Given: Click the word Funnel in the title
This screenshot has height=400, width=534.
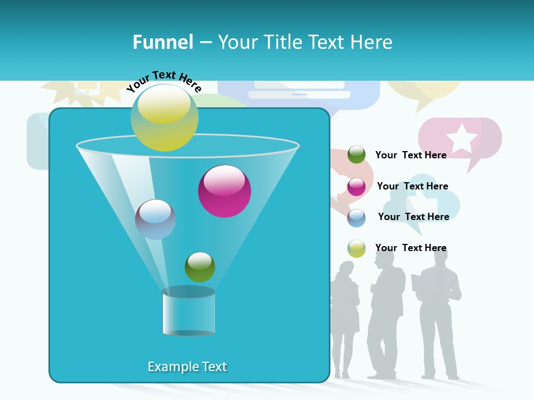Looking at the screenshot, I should (x=162, y=42).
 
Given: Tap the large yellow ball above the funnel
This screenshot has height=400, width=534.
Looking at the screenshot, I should (x=165, y=118).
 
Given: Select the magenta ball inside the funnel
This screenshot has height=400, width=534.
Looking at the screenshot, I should (x=224, y=191).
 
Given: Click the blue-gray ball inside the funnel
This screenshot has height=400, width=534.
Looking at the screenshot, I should (x=155, y=219).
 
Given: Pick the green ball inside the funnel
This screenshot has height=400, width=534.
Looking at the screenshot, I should (x=200, y=267).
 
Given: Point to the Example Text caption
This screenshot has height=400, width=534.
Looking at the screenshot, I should (x=187, y=367).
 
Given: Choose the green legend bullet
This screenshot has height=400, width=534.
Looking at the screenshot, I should (x=357, y=155).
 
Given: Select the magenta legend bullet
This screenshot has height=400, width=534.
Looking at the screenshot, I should (x=357, y=187).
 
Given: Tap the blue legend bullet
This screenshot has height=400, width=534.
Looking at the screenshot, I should (x=357, y=218).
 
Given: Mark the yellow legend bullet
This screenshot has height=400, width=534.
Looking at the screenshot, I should (x=357, y=248).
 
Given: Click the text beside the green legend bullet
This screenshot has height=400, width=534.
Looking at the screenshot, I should (x=411, y=156).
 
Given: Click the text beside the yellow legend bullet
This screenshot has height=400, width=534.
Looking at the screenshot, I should (x=411, y=248).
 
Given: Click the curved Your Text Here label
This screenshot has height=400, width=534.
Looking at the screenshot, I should (x=164, y=81).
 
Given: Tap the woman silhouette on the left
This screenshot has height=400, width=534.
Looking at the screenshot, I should (x=345, y=317).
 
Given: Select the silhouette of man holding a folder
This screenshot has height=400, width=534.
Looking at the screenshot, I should (x=438, y=317).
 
